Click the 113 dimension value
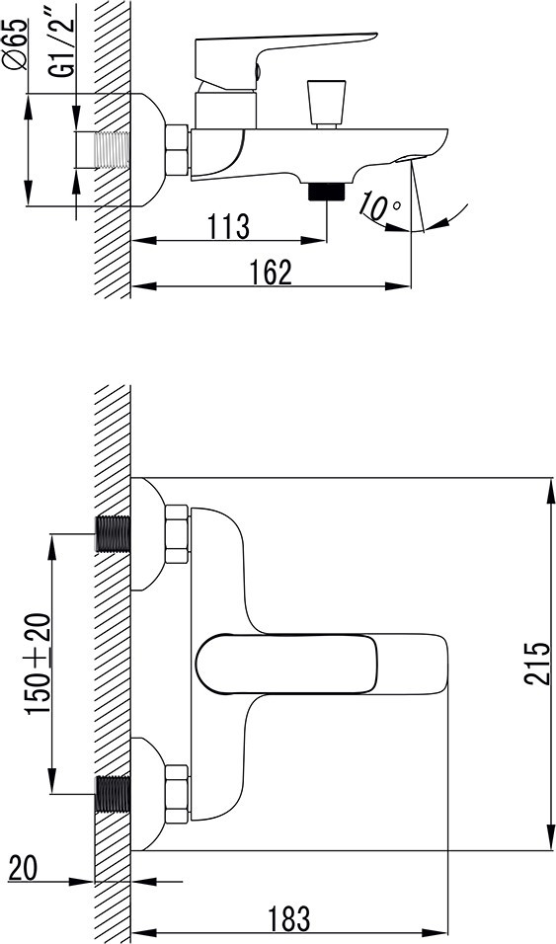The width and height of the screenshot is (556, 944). coord(228,226)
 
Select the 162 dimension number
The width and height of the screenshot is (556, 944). coord(271,273)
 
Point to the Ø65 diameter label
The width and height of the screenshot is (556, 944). coord(16,44)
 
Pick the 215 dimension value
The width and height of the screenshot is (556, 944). coord(536,664)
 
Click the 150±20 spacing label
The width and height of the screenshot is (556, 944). coord(38,664)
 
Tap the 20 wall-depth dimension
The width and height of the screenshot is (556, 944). coord(24,868)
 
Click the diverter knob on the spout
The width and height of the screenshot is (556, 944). coord(327,104)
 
